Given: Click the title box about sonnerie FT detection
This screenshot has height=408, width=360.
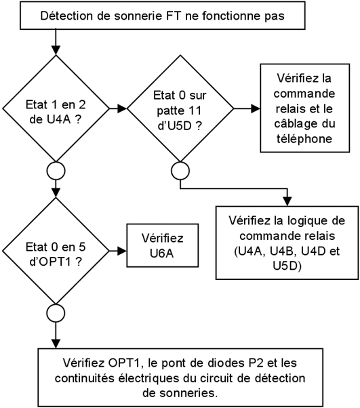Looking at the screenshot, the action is (163, 16).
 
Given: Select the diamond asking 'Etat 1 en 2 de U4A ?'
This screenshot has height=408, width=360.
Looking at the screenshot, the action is (56, 108).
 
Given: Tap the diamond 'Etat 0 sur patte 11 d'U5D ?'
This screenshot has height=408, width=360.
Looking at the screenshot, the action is (180, 108).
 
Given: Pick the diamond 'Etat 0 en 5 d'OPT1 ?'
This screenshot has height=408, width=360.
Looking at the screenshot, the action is (56, 251).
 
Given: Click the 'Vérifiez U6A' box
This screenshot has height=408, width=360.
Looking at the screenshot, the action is (163, 245).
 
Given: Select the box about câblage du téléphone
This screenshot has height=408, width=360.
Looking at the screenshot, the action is (305, 108).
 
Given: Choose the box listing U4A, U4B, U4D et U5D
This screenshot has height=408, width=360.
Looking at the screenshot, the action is (287, 243).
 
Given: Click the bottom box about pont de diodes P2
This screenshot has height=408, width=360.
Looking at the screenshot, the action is (180, 378).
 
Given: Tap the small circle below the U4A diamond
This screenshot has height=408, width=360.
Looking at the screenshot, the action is (56, 171).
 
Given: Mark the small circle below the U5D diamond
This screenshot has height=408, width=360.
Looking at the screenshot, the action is (180, 171).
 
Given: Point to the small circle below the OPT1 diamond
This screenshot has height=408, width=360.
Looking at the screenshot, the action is (56, 313).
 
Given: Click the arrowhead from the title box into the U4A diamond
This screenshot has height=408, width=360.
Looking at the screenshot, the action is (56, 50).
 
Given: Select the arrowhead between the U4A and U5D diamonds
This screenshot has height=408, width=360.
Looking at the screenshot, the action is (122, 108).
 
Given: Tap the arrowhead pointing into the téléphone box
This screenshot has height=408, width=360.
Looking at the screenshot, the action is (256, 108).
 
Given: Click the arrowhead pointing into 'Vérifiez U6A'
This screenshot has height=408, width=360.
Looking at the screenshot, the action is (122, 251).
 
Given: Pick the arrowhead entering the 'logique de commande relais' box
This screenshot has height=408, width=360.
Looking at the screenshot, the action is (287, 201).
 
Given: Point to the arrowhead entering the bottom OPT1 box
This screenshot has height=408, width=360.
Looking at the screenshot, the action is (56, 344).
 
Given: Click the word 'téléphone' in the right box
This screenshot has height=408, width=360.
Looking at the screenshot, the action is (304, 139).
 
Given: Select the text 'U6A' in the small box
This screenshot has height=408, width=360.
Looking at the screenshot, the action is (161, 253).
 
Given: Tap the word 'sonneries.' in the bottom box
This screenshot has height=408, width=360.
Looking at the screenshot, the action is (180, 393).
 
